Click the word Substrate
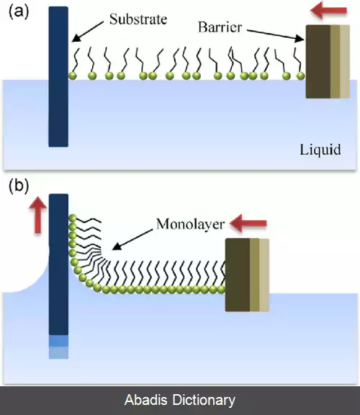tap(138, 19)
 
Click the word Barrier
tap(220, 27)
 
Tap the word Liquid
tap(320, 150)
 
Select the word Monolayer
tap(190, 224)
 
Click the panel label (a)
tap(19, 12)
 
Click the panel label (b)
tap(19, 186)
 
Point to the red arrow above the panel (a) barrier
tap(328, 11)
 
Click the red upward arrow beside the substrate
tap(38, 215)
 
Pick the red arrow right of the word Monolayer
tap(248, 224)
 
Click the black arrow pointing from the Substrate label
tap(87, 32)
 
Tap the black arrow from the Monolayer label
tap(132, 240)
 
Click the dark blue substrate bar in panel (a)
tap(58, 77)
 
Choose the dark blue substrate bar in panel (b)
tap(58, 265)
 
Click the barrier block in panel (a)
tap(328, 62)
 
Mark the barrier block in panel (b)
tap(247, 275)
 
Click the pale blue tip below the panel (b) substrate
tap(58, 347)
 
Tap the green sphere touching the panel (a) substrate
tap(72, 76)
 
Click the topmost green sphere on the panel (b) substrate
tap(73, 219)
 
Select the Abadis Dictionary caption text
tap(180, 400)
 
